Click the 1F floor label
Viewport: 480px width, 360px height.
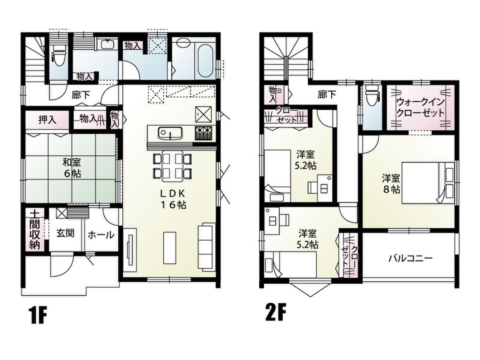(38, 315)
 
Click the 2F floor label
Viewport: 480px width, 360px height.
(276, 312)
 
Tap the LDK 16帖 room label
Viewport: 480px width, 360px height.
(173, 199)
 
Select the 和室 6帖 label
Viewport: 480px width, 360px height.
(72, 168)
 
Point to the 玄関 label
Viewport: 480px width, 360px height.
(65, 234)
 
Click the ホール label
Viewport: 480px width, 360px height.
(101, 235)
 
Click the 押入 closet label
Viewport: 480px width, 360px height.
(47, 120)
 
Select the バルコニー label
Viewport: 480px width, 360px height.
(410, 259)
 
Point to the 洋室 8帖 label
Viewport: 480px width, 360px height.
(391, 183)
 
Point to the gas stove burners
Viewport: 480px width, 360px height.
(202, 133)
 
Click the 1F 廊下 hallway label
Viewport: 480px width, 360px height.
(81, 95)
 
